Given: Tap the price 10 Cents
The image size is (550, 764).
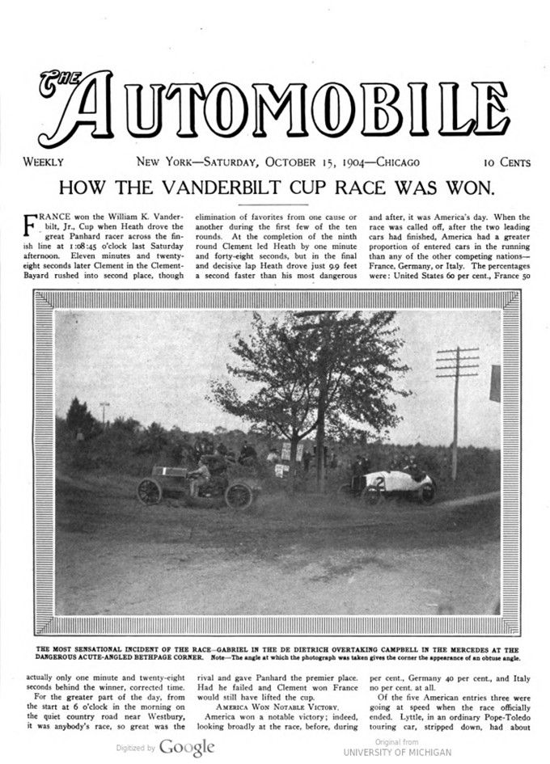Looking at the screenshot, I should click(508, 162).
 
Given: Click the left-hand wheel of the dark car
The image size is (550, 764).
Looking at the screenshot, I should click(150, 491).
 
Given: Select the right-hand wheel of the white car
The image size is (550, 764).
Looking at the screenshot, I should click(427, 491).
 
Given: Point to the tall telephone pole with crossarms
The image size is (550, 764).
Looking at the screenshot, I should click(456, 404).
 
